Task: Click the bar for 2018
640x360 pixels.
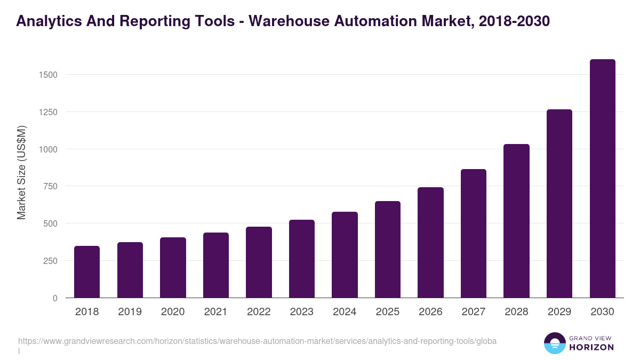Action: tap(87, 272)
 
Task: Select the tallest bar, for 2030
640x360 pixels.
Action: tap(602, 179)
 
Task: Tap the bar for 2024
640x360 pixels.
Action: tap(345, 255)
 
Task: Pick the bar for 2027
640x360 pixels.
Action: tap(474, 234)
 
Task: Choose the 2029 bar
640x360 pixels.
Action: tap(559, 204)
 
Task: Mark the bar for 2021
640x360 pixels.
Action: tap(216, 265)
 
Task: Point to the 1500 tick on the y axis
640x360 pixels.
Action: tap(48, 75)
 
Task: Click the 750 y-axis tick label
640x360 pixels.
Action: tap(50, 187)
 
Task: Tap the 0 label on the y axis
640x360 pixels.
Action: tap(55, 298)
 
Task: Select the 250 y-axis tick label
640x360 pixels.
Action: tap(50, 261)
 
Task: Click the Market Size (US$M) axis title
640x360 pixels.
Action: tap(21, 172)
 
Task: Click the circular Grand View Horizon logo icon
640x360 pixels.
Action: tap(554, 343)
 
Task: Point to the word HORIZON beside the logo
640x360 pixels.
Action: tap(591, 347)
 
